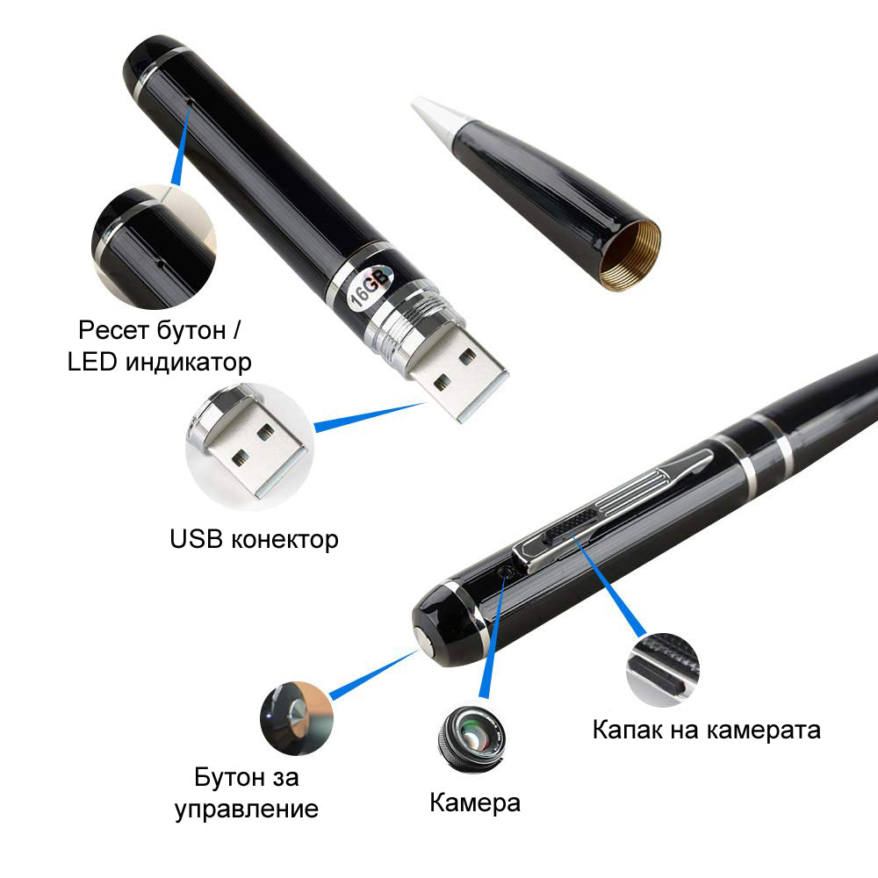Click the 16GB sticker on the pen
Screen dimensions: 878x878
[x=371, y=287]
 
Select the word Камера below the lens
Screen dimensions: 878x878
[x=475, y=803]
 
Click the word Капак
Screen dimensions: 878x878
[x=626, y=730]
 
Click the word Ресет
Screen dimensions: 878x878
[x=113, y=330]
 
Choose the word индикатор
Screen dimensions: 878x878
[x=188, y=363]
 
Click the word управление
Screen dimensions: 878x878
[x=247, y=810]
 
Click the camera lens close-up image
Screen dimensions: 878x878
[x=471, y=739]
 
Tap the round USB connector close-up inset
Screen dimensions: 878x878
[x=249, y=446]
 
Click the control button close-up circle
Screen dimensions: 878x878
[x=296, y=718]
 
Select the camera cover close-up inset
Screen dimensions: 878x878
[x=663, y=669]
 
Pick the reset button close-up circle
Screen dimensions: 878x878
[x=154, y=247]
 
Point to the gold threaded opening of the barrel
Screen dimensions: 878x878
[x=631, y=255]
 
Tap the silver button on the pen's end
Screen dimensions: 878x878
[x=423, y=640]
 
